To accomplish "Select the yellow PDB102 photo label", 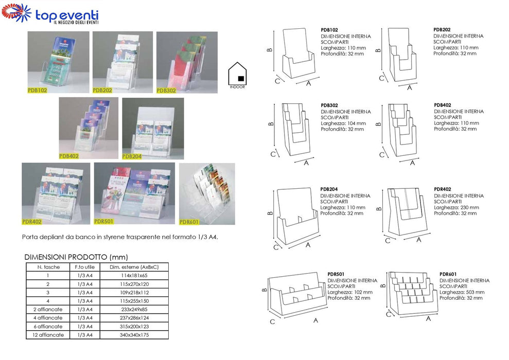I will tap(38, 89).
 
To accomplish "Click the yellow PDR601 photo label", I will tap(189, 222).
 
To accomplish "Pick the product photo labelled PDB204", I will tap(152, 128).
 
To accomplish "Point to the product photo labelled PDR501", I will tap(134, 193).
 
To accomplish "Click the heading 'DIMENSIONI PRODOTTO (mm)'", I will tap(76, 257).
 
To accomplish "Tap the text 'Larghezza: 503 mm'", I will tap(462, 292).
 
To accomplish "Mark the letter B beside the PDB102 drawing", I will tap(269, 50).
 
